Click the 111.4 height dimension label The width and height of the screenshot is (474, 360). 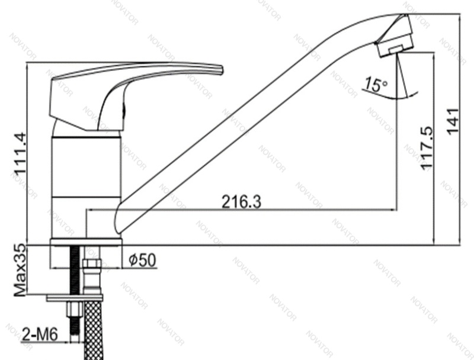pyautogui.click(x=21, y=154)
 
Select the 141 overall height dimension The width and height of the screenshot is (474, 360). pyautogui.click(x=453, y=121)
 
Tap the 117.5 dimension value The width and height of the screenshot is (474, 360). pyautogui.click(x=427, y=148)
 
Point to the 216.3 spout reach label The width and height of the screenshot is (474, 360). pyautogui.click(x=241, y=202)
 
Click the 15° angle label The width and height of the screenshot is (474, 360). pyautogui.click(x=375, y=84)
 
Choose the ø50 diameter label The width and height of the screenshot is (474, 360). pyautogui.click(x=142, y=260)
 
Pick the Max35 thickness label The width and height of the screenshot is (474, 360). pyautogui.click(x=20, y=271)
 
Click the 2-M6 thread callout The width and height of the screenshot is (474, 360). pyautogui.click(x=40, y=335)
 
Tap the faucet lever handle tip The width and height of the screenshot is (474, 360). pyautogui.click(x=221, y=69)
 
